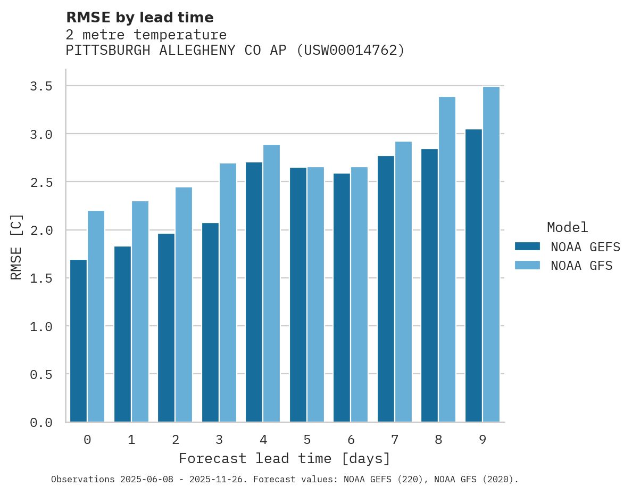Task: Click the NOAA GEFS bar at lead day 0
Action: click(x=78, y=341)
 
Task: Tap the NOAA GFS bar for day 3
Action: click(x=228, y=293)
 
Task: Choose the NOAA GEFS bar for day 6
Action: click(x=342, y=298)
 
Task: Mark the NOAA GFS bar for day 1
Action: click(x=140, y=311)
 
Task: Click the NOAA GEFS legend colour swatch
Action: click(x=527, y=246)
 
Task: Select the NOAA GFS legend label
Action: click(x=581, y=266)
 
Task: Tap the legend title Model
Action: click(x=567, y=228)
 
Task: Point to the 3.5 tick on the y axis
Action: click(x=41, y=86)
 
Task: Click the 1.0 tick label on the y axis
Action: click(x=41, y=326)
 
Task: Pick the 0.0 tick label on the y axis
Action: click(x=41, y=423)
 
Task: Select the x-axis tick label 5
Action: click(x=307, y=440)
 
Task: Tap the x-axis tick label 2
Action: click(x=175, y=440)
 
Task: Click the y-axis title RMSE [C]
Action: click(x=17, y=246)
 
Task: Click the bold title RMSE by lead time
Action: click(x=140, y=18)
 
